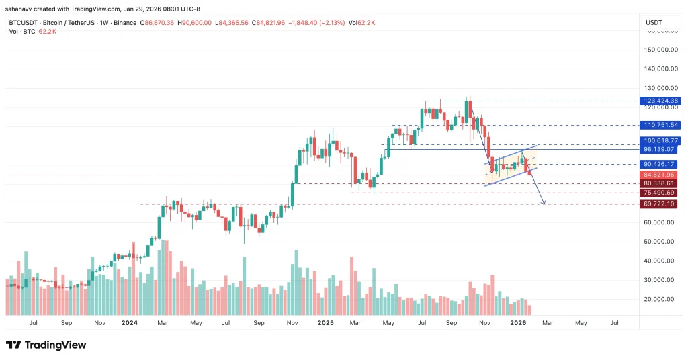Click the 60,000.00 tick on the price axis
pyautogui.click(x=660, y=222)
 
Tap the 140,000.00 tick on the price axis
pyautogui.click(x=659, y=69)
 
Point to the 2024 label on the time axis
pyautogui.click(x=130, y=322)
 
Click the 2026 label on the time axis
pyautogui.click(x=517, y=322)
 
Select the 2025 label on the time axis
pyautogui.click(x=325, y=322)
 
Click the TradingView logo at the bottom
pyautogui.click(x=46, y=345)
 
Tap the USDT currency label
pyautogui.click(x=654, y=22)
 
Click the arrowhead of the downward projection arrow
pyautogui.click(x=542, y=203)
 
